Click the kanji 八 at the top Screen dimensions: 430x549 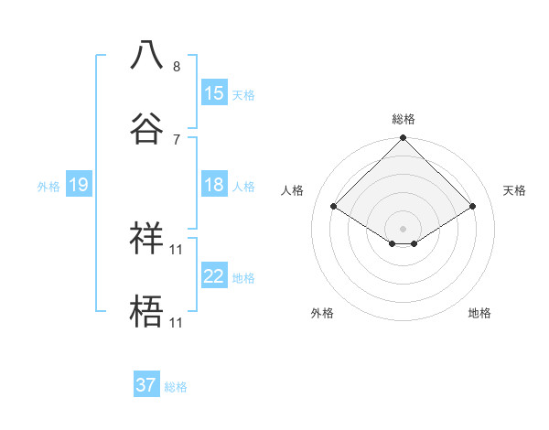pyautogui.click(x=146, y=54)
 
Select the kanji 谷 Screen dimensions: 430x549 pyautogui.click(x=146, y=127)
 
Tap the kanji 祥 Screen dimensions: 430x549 pyautogui.click(x=146, y=237)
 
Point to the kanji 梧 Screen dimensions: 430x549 pyautogui.click(x=146, y=310)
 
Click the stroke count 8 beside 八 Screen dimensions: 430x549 pyautogui.click(x=177, y=66)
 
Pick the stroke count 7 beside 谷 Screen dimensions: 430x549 pyautogui.click(x=177, y=139)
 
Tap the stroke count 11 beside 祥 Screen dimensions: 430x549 pyautogui.click(x=178, y=249)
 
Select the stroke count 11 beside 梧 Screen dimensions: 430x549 pyautogui.click(x=178, y=322)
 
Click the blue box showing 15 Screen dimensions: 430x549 pyautogui.click(x=214, y=92)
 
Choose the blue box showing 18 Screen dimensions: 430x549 pyautogui.click(x=214, y=185)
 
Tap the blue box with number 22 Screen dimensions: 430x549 pyautogui.click(x=214, y=276)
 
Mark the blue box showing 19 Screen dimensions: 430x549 pyautogui.click(x=79, y=185)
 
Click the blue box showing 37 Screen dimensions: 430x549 pyautogui.click(x=146, y=385)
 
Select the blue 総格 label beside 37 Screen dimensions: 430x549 pyautogui.click(x=176, y=387)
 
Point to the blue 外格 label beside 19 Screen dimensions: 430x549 pyautogui.click(x=48, y=187)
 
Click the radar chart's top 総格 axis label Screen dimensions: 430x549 pyautogui.click(x=404, y=119)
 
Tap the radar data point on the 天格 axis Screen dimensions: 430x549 pyautogui.click(x=473, y=207)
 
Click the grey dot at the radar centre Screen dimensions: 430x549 pyautogui.click(x=404, y=228)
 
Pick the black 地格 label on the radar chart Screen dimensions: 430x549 pyautogui.click(x=479, y=313)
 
